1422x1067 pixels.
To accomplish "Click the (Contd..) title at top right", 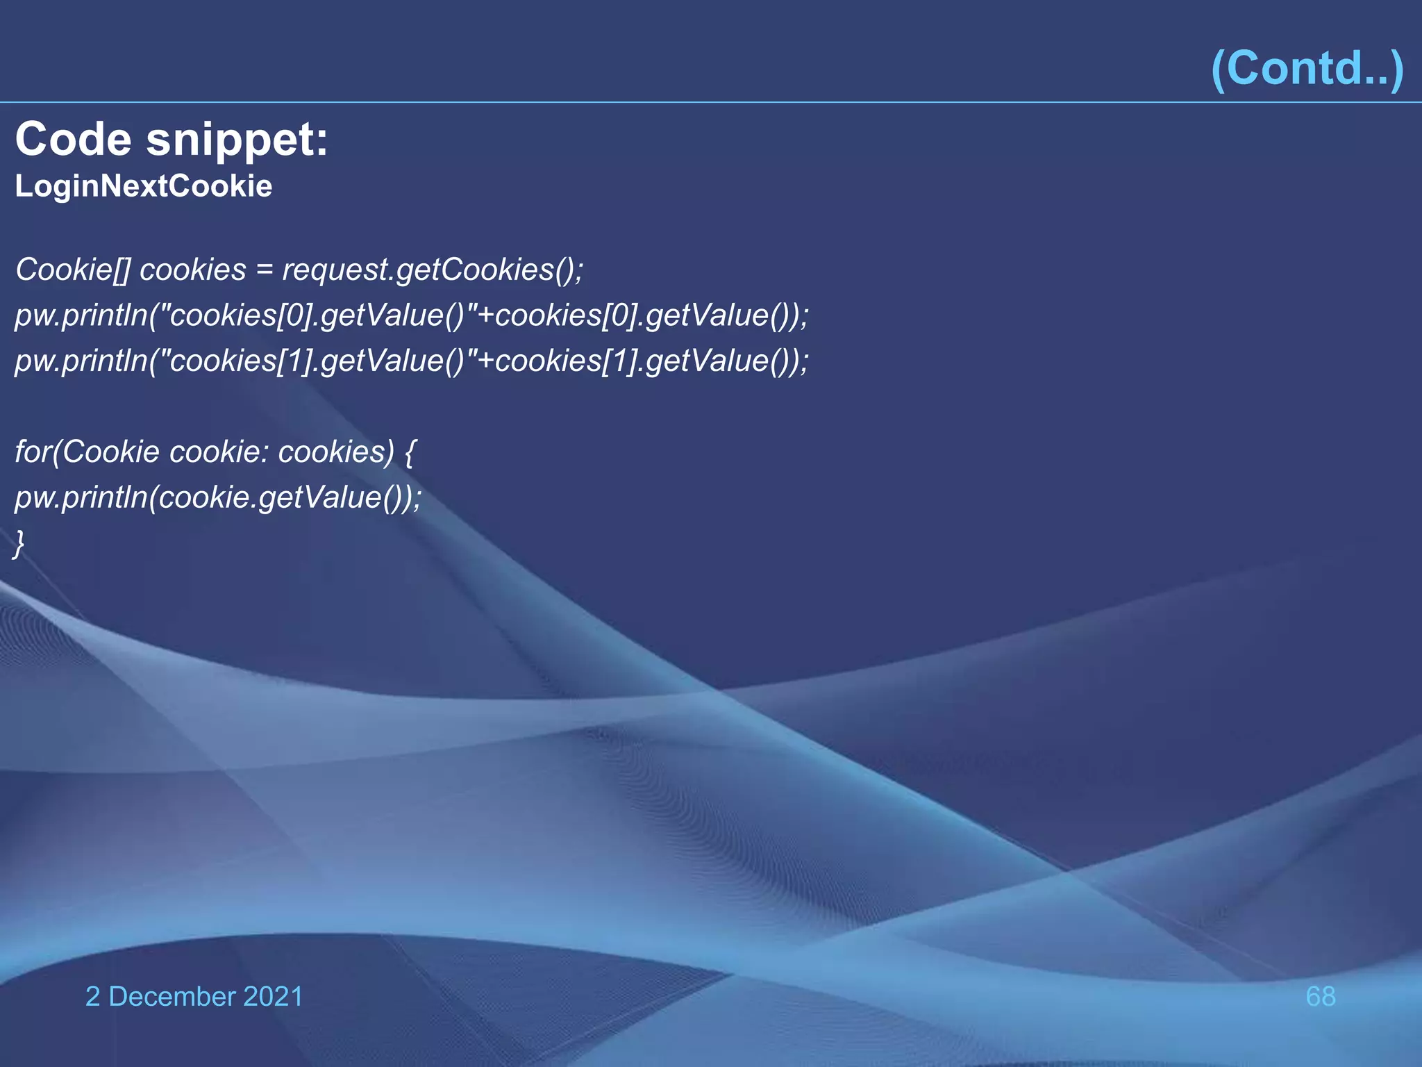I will point(1307,68).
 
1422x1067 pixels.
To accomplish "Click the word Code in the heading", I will point(74,139).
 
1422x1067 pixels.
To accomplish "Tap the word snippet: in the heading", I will point(237,140).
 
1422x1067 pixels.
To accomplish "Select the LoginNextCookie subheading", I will point(144,186).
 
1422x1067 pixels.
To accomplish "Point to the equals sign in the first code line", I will point(265,270).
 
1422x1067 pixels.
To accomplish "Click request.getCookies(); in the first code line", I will point(433,270).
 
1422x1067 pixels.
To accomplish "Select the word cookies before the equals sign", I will point(193,270).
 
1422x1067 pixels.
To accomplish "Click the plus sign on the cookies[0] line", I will point(485,316).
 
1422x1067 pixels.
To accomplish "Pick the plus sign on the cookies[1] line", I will point(485,361).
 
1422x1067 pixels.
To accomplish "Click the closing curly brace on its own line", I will point(19,543).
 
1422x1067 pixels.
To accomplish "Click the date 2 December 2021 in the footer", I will point(194,996).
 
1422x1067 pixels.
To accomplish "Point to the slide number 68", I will point(1320,996).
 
